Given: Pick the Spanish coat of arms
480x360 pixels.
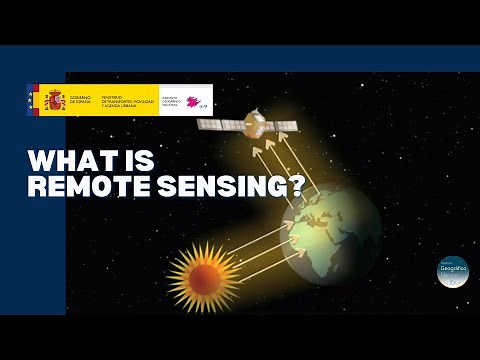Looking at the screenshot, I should (x=52, y=100).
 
